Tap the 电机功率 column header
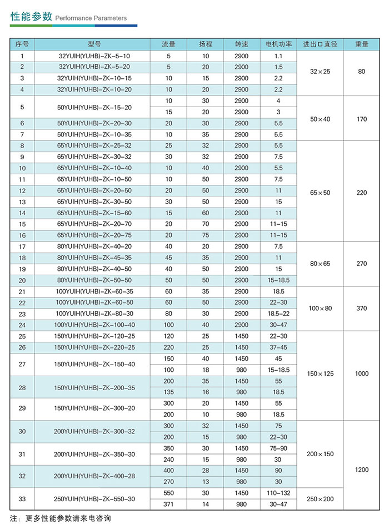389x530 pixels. tap(278, 44)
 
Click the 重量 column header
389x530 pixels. tap(361, 44)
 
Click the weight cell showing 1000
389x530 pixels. tap(361, 374)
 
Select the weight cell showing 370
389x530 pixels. tap(361, 308)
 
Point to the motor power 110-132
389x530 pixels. tap(278, 493)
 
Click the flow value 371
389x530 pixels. tap(169, 504)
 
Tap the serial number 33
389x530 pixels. tap(22, 499)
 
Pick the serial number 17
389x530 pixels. tap(22, 246)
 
